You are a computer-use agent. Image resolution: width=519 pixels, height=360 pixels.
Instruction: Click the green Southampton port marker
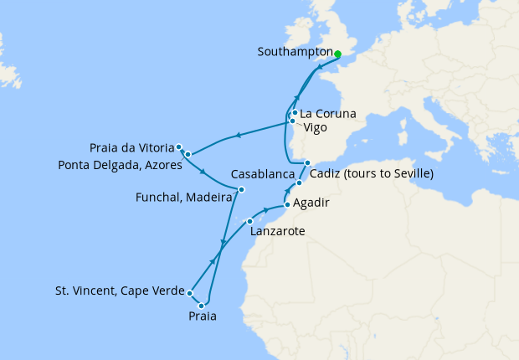coord(337,55)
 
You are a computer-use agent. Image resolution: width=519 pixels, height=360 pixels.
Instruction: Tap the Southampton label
coord(295,52)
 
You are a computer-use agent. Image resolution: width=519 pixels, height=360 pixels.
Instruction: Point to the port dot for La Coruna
coord(295,113)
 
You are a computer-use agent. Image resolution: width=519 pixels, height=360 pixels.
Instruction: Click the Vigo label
coord(316,128)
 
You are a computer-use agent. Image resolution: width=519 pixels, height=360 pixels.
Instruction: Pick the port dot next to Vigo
coord(292,121)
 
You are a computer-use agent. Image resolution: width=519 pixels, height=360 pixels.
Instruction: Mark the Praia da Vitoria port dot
coord(179,147)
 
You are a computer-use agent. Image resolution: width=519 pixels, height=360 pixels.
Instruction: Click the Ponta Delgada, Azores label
coord(120,166)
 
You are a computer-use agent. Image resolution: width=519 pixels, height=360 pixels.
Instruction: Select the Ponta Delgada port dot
coord(188,154)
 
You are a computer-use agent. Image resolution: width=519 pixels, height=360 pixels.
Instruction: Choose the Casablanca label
coord(265,174)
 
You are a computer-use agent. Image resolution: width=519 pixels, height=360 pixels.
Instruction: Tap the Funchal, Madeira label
coord(184,198)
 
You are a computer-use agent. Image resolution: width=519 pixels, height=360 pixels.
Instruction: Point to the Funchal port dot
coord(241,189)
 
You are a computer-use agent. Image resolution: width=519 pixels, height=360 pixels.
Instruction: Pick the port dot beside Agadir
coord(287,204)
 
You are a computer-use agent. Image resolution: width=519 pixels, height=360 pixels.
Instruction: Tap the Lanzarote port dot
coord(249,221)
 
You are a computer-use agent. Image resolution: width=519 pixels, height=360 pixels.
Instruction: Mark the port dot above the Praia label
coord(202,306)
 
